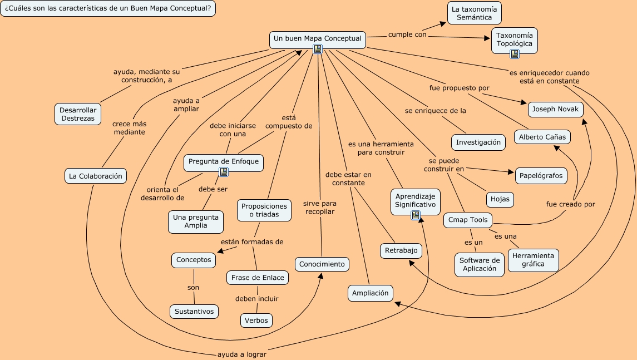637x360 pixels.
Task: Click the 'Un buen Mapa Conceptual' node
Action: pos(317,39)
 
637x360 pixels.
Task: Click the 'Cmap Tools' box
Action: pos(468,220)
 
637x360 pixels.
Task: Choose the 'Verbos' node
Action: pos(256,320)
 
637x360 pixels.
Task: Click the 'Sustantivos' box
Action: pos(194,312)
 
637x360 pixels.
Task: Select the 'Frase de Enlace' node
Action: pos(257,278)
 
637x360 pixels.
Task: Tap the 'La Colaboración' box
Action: pos(95,176)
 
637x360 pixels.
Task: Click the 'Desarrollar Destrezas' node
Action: pos(78,114)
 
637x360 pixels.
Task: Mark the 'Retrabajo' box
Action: pos(401,251)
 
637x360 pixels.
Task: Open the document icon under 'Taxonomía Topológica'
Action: pos(515,54)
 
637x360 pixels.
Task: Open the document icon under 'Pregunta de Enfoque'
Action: pos(224,172)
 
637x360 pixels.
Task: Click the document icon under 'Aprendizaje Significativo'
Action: pos(415,215)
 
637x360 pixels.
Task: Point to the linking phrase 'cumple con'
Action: pos(407,34)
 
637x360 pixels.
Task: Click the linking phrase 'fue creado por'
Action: pos(570,204)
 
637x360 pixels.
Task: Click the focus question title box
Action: pos(108,9)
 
